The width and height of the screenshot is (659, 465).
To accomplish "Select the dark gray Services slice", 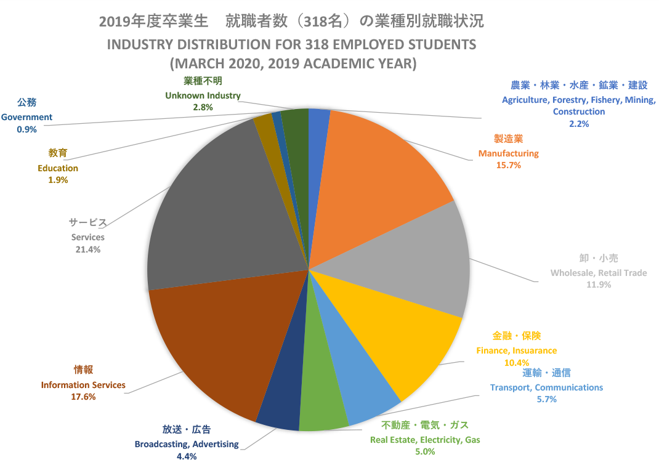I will (x=216, y=209).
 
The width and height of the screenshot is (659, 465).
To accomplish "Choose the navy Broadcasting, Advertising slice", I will (x=278, y=400).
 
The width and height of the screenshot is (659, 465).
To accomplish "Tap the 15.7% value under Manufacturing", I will (x=508, y=165).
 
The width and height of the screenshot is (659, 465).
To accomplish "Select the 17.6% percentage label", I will (x=83, y=397).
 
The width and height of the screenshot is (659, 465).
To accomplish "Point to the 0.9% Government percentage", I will (x=27, y=129).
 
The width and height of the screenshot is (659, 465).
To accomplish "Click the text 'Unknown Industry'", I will (x=203, y=95).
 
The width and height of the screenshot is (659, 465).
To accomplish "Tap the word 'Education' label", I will (x=58, y=168).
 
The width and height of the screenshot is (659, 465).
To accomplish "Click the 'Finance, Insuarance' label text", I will (x=516, y=350).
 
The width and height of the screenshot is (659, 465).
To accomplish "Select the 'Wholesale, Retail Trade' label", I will (x=599, y=273).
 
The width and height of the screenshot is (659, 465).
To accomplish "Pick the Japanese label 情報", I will (x=83, y=370).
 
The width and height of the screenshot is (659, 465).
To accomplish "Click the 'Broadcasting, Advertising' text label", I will (x=187, y=444).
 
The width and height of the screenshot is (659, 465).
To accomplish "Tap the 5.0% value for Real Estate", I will (x=425, y=452).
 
